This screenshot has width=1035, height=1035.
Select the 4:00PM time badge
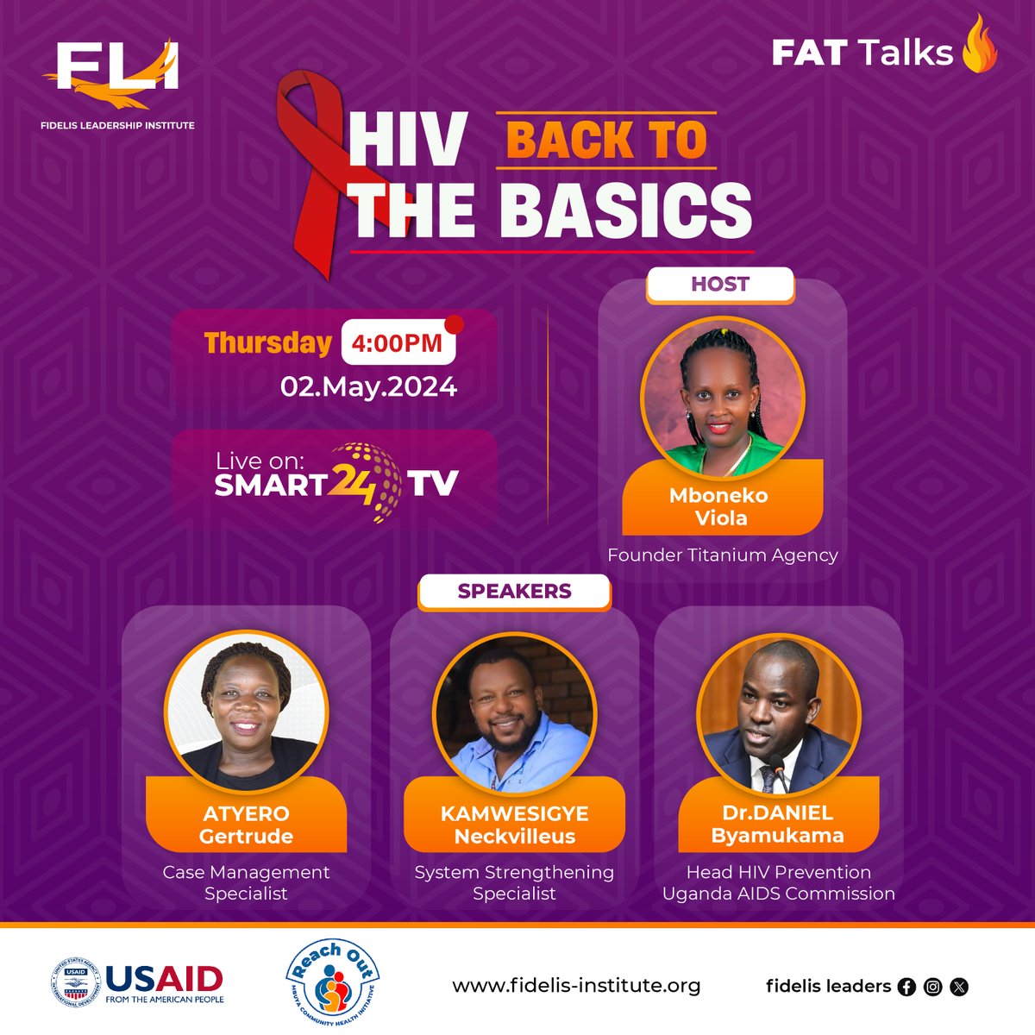(398, 342)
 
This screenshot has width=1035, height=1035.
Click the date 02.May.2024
(368, 386)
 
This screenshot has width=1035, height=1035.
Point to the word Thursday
(267, 342)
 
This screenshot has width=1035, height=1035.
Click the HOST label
(720, 285)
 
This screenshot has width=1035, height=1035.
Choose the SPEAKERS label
(514, 592)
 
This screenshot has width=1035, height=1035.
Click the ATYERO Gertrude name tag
(246, 825)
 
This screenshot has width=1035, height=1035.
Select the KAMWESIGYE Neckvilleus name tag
(514, 825)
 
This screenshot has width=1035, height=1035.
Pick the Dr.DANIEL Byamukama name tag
(778, 824)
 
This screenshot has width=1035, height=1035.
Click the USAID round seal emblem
(76, 984)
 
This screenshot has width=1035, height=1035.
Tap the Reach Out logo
(332, 983)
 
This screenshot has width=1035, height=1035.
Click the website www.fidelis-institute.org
(576, 985)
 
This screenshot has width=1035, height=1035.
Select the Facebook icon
(906, 987)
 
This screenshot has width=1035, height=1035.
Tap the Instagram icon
(932, 987)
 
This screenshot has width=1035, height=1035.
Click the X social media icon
(958, 987)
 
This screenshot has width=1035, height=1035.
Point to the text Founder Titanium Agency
(723, 555)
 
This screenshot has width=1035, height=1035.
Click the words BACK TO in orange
(606, 141)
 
